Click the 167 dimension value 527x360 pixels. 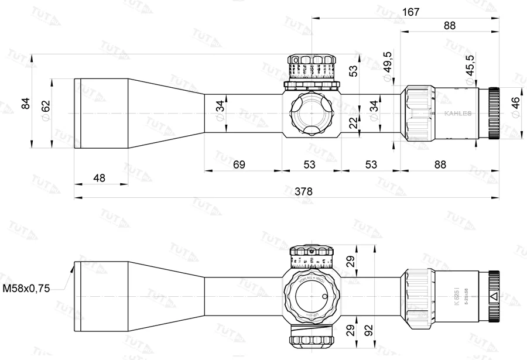pos(410,12)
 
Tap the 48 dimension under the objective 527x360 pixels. pos(100,177)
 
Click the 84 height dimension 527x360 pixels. pos(25,103)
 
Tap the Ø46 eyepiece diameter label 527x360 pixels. pos(515,108)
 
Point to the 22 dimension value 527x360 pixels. pos(353,123)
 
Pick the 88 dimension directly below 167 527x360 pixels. pos(450,26)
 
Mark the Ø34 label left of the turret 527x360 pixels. pos(220,111)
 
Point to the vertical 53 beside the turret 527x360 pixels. pos(353,71)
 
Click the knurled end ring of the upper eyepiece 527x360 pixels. pos(494,113)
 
